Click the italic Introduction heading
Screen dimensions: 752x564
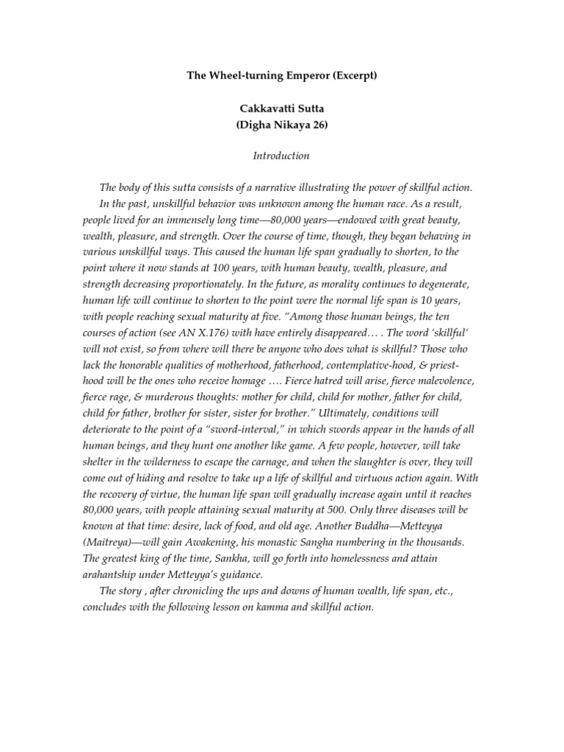tap(281, 156)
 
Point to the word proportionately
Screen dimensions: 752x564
tap(192, 285)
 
